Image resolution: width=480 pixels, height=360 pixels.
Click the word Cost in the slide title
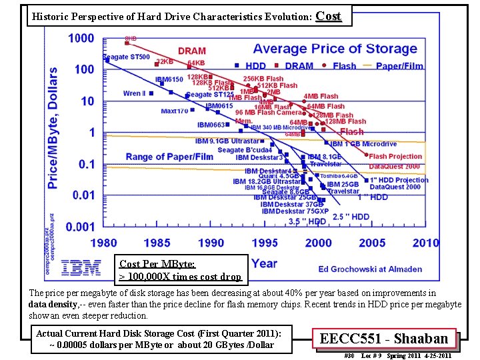click(x=328, y=15)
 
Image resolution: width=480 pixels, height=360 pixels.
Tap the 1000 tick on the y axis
click(x=81, y=38)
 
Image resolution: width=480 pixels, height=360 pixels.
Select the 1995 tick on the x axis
click(x=265, y=243)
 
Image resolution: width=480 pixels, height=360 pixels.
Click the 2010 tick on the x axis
click(x=425, y=243)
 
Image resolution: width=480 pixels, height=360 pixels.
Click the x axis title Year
click(x=265, y=263)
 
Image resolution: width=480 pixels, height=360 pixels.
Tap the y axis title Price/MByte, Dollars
click(x=52, y=127)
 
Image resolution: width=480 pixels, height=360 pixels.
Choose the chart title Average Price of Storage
click(x=335, y=49)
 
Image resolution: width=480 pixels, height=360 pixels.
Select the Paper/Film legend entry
click(x=399, y=66)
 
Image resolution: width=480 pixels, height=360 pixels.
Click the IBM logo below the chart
click(x=81, y=268)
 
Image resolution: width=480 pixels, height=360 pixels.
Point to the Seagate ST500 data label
click(x=126, y=57)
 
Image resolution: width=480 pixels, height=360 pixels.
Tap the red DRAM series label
click(x=192, y=51)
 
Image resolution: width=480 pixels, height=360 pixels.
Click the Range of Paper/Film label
click(x=169, y=157)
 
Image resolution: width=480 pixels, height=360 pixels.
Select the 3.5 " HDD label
click(x=307, y=221)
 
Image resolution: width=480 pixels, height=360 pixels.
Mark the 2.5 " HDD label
click(x=351, y=217)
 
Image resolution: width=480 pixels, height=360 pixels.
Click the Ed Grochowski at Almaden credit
click(x=370, y=269)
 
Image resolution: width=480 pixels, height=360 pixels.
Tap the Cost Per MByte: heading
click(x=157, y=265)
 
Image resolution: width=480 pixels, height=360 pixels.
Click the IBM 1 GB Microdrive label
click(x=363, y=144)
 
